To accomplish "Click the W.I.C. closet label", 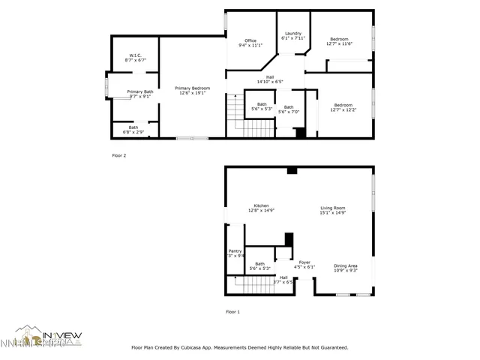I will tap(136, 58).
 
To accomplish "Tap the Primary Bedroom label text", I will tap(193, 91).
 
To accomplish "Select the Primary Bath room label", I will tap(139, 94).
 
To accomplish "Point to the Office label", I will tap(250, 43).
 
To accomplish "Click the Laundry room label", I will tap(292, 35).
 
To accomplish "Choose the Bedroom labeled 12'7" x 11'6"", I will tap(339, 41).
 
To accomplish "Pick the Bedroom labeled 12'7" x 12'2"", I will tap(343, 107).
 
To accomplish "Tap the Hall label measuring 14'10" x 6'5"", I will tap(269, 79).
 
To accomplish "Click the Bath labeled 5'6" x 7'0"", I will tap(289, 109).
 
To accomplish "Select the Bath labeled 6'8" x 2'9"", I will tap(133, 130).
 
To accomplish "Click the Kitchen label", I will tap(261, 208).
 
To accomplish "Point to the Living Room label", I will tap(332, 210).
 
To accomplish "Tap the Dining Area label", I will tap(345, 268).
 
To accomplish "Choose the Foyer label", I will tap(304, 264).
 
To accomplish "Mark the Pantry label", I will tap(235, 253).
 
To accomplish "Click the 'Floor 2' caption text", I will tap(119, 155).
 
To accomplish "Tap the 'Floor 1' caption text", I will tap(234, 311).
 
